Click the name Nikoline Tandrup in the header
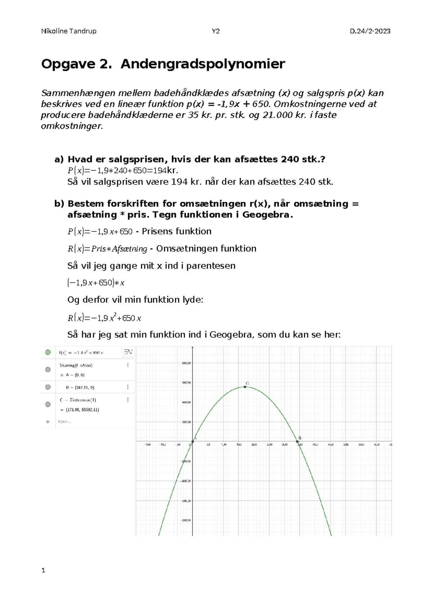click(69, 31)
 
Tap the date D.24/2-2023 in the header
click(370, 31)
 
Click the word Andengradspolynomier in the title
click(203, 64)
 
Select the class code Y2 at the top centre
click(216, 31)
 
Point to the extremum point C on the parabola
click(245, 387)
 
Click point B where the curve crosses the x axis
click(298, 441)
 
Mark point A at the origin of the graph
click(193, 441)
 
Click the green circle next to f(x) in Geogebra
click(48, 352)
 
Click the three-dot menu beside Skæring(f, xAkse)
click(128, 365)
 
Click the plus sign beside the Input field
click(48, 422)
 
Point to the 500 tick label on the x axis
click(346, 445)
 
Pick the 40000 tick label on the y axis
click(186, 402)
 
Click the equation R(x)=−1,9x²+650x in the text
click(104, 318)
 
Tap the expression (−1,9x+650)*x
click(96, 283)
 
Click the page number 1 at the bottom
click(43, 570)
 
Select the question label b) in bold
click(59, 204)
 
